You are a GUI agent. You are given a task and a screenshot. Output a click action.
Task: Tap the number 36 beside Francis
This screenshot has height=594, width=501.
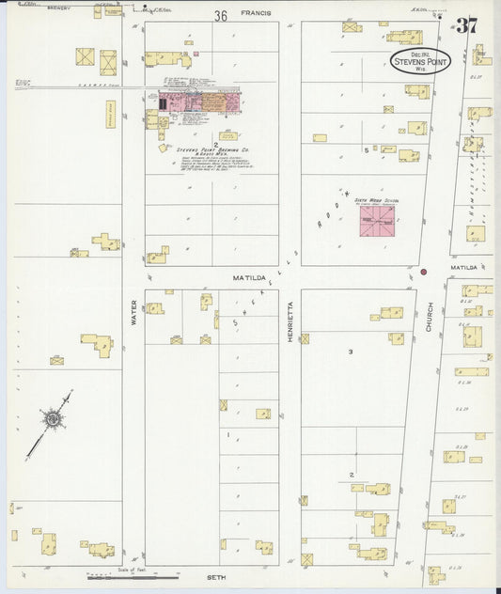click(221, 16)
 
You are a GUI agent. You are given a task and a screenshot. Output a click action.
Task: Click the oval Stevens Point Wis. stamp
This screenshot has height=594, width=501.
click(420, 61)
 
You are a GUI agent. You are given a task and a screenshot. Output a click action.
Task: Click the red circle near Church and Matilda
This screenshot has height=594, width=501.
click(424, 272)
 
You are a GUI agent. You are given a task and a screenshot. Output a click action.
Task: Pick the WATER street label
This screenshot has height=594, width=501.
click(133, 312)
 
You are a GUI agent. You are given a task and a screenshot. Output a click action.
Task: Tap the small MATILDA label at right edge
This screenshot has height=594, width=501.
click(463, 268)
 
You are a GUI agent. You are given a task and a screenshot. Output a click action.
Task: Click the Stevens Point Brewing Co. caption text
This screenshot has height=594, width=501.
click(212, 149)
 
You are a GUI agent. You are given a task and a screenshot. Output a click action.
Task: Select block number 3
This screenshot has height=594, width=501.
click(351, 352)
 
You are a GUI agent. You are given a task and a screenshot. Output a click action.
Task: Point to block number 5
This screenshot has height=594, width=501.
click(366, 150)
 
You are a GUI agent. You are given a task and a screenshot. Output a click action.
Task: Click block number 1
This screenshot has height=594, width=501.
click(227, 435)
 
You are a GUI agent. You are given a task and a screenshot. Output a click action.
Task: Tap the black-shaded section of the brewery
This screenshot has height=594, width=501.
click(163, 103)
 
